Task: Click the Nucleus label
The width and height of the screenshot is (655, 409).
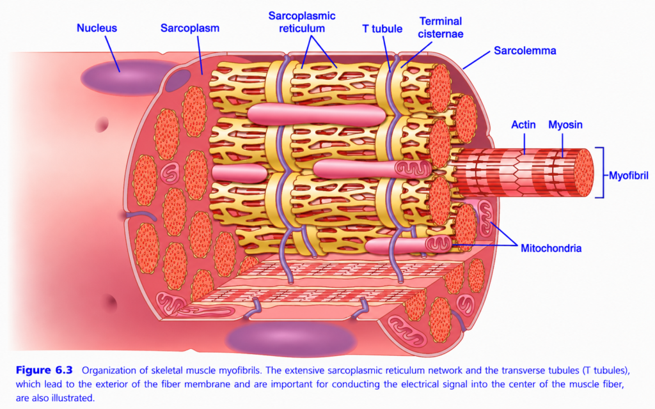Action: (x=97, y=28)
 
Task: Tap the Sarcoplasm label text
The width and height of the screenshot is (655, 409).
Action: (x=189, y=28)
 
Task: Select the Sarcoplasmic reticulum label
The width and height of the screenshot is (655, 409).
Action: (x=302, y=22)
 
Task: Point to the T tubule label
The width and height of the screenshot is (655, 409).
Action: (x=382, y=29)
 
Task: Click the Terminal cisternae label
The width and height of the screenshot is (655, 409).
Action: (x=441, y=27)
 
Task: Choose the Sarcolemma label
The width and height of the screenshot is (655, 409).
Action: (x=525, y=51)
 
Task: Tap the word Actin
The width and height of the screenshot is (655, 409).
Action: (x=523, y=125)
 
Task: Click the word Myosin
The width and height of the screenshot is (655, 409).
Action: (x=565, y=125)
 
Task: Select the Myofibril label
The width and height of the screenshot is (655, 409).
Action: (x=628, y=176)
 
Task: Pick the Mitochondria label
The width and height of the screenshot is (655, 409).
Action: (x=551, y=249)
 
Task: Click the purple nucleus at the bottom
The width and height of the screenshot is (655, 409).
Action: (x=291, y=338)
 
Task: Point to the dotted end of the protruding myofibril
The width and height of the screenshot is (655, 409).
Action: (x=583, y=173)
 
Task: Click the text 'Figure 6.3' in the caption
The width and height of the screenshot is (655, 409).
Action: (x=44, y=370)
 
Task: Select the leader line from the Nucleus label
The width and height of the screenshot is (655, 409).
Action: (x=113, y=54)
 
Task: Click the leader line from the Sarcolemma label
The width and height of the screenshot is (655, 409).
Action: (x=476, y=60)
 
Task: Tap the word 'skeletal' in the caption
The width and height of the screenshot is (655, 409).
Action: (x=168, y=370)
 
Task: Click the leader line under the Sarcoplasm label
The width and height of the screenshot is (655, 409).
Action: (x=200, y=55)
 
